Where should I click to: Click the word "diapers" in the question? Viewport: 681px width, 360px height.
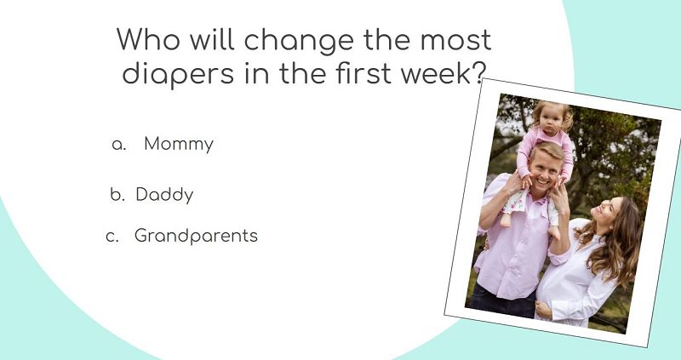(178, 74)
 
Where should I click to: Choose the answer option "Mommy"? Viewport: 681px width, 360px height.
(179, 144)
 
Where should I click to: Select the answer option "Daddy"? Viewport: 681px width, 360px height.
(164, 195)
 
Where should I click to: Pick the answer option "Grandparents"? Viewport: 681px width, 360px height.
(196, 236)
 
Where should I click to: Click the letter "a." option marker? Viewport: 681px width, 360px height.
(119, 145)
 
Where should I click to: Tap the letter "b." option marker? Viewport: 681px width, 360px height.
(117, 195)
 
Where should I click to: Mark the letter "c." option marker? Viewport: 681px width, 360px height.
(112, 237)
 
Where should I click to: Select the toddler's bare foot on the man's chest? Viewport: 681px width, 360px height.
(506, 220)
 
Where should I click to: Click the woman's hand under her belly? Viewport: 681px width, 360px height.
(543, 309)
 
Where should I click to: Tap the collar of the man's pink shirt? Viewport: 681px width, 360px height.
(538, 201)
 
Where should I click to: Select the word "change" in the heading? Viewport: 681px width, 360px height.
(300, 41)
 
